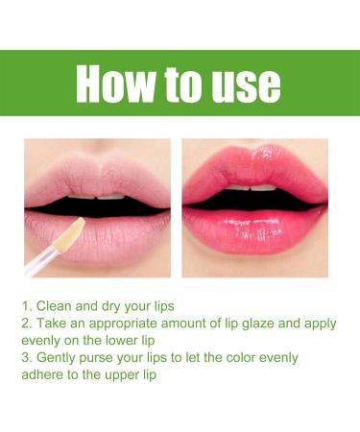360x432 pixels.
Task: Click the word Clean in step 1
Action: (x=57, y=305)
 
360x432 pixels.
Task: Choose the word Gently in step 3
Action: (x=60, y=358)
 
